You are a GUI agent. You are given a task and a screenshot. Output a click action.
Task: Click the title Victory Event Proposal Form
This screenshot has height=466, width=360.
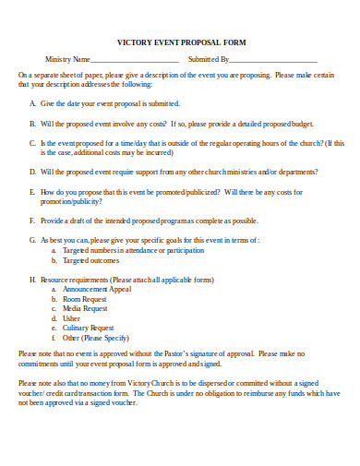181,42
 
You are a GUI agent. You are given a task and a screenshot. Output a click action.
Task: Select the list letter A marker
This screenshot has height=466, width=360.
32,103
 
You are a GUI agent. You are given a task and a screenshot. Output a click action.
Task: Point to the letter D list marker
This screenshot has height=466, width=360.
32,171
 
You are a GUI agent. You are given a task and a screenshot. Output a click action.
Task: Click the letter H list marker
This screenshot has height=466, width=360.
32,279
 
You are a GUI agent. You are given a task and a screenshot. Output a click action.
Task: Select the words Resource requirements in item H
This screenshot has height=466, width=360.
74,279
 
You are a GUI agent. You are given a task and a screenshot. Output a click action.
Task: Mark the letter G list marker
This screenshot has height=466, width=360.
32,239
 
